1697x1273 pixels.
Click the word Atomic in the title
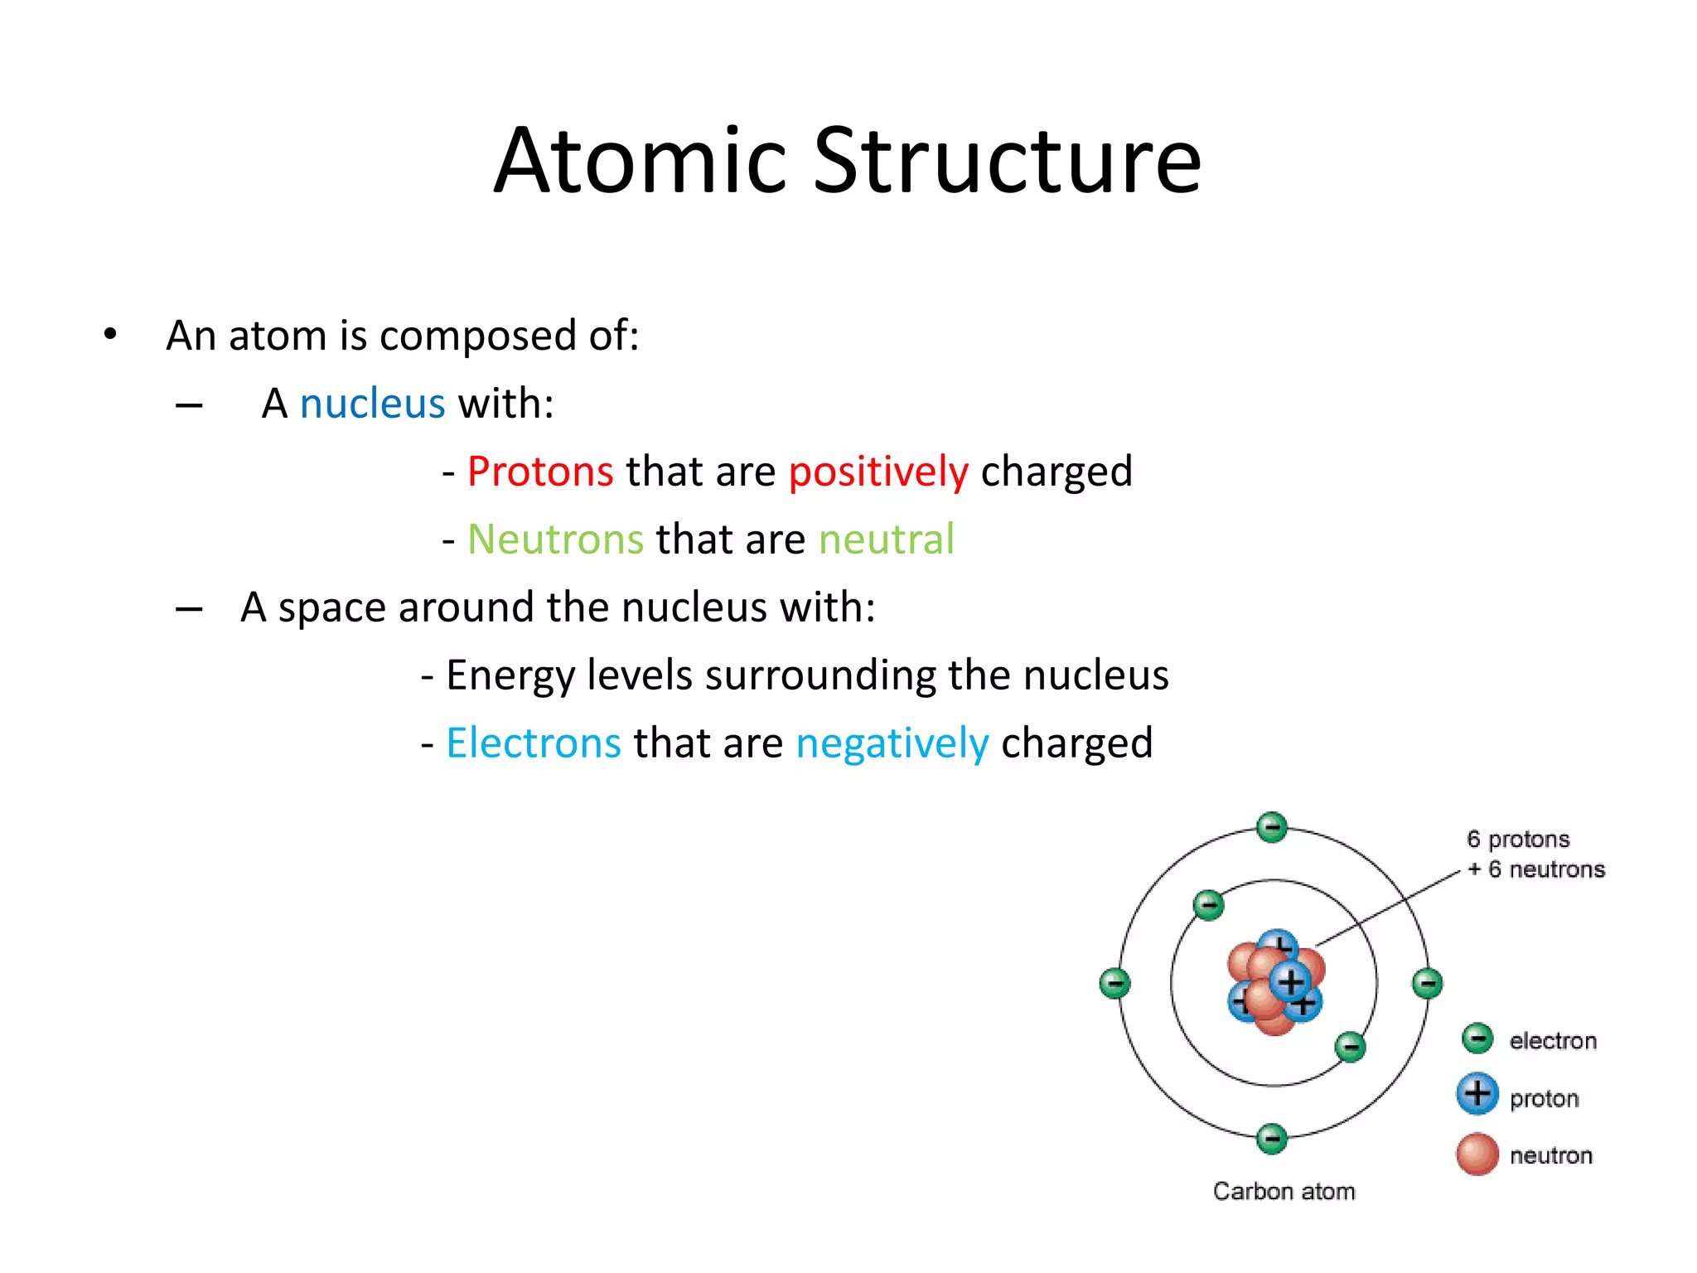(639, 161)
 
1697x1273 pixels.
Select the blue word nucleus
(372, 404)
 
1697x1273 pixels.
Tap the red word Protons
(540, 472)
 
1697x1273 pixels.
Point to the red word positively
(878, 472)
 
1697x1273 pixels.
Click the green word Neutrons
(555, 540)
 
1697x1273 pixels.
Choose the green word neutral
(886, 540)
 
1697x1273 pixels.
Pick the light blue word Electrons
(534, 743)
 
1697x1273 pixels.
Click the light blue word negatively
(892, 743)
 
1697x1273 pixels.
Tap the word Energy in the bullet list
(510, 675)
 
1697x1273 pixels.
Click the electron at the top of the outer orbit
(1272, 827)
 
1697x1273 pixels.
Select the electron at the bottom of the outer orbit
(1272, 1139)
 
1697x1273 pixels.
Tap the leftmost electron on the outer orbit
(1114, 984)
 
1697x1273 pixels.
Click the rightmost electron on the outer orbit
(1427, 984)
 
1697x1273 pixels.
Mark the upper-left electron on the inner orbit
(1208, 904)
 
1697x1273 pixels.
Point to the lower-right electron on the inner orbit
(1350, 1047)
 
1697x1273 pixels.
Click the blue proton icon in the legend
(1477, 1094)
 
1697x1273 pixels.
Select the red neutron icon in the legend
(1477, 1154)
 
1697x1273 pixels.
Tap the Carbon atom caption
(1284, 1192)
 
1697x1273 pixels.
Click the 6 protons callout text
(1518, 840)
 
